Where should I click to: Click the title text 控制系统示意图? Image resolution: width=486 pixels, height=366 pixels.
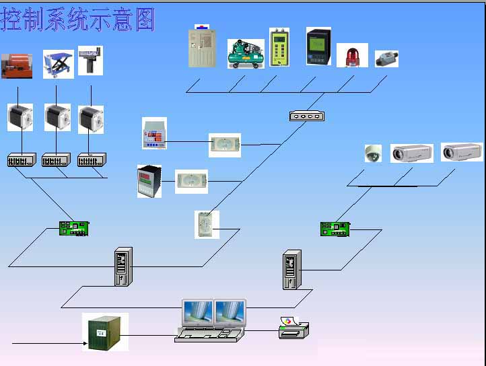click(x=77, y=20)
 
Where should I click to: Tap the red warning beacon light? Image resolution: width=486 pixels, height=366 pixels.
click(x=352, y=56)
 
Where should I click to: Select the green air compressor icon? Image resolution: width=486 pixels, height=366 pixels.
click(x=246, y=53)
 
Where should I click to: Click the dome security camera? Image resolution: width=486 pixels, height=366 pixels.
click(x=372, y=153)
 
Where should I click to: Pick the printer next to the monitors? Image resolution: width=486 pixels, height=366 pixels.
click(x=294, y=328)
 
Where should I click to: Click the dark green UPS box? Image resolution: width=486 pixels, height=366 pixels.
click(x=106, y=332)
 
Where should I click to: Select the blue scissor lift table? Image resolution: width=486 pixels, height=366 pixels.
click(x=59, y=64)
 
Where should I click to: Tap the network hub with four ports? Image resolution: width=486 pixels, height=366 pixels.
click(x=306, y=116)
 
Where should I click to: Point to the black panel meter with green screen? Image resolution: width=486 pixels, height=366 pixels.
click(x=318, y=46)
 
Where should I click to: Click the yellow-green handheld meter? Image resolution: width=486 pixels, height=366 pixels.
click(x=279, y=47)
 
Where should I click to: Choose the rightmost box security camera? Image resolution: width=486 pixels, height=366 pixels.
click(x=461, y=152)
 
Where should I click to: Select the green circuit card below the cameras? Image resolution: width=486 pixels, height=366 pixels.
click(x=335, y=229)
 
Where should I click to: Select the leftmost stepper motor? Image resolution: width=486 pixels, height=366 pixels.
click(x=20, y=117)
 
